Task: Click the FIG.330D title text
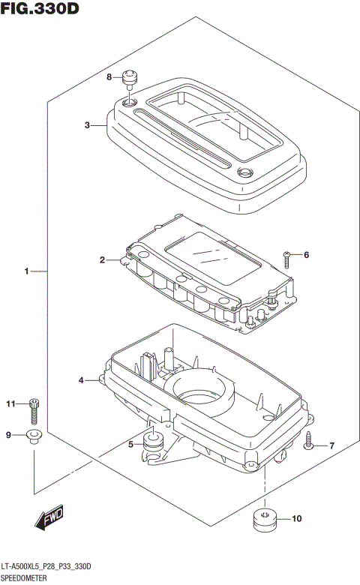point(40,10)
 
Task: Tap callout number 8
point(108,77)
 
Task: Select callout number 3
point(88,125)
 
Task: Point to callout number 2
point(102,260)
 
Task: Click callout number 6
point(305,255)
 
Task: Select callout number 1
point(26,271)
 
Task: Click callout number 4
point(82,381)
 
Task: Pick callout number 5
point(130,445)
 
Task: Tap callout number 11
point(10,404)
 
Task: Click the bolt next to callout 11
point(33,409)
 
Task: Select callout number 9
point(9,435)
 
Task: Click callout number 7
point(331,446)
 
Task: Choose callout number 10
point(295,518)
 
